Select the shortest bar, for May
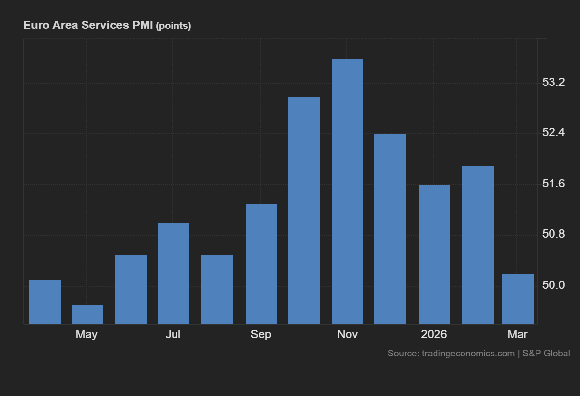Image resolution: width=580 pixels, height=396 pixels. point(87,314)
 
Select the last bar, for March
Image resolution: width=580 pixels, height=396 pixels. point(518,299)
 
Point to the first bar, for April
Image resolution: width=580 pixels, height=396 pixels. point(45,302)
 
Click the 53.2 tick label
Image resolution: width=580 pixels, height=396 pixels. point(553,83)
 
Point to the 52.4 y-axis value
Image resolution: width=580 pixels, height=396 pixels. point(553,133)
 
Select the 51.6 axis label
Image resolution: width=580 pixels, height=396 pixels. point(553,184)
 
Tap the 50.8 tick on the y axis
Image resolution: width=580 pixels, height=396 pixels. point(553,235)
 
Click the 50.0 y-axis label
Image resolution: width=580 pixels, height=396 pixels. point(553,285)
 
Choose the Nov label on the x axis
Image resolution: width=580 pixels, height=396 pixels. point(347,334)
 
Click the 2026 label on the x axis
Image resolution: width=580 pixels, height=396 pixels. point(434,334)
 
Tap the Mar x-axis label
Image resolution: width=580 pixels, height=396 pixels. point(518,334)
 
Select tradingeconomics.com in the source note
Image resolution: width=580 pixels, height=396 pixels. point(468,354)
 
